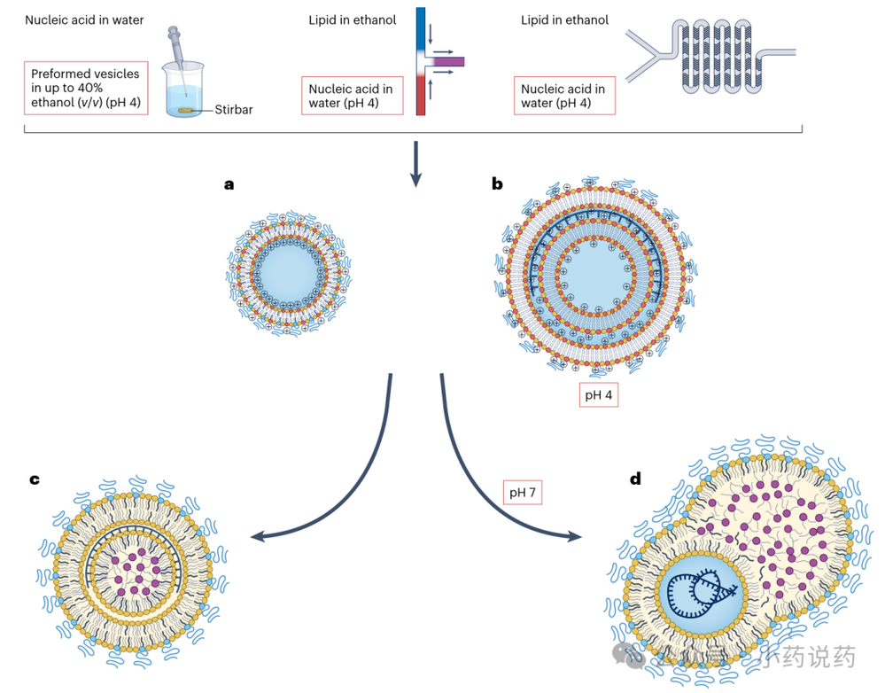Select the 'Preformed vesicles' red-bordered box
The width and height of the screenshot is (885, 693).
[x=85, y=90]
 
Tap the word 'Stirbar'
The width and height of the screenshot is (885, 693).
[x=233, y=111]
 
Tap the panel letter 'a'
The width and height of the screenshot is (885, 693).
[x=229, y=184]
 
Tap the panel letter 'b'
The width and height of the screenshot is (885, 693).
[x=497, y=184]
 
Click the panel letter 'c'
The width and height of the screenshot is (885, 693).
[x=34, y=479]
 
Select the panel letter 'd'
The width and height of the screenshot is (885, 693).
[x=635, y=479]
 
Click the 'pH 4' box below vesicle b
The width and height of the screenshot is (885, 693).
[x=598, y=395]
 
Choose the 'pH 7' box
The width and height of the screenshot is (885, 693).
[x=522, y=491]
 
